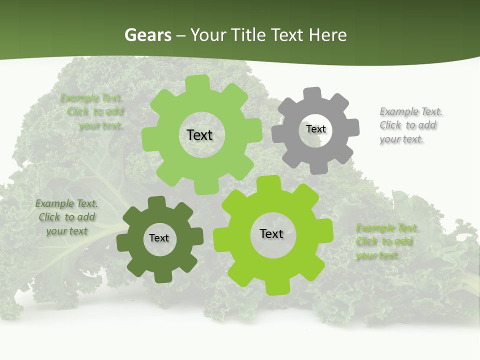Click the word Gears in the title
147,35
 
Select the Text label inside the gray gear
315,129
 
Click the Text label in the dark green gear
159,238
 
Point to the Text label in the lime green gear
271,233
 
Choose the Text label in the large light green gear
199,135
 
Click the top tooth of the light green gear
199,82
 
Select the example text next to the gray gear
411,125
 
